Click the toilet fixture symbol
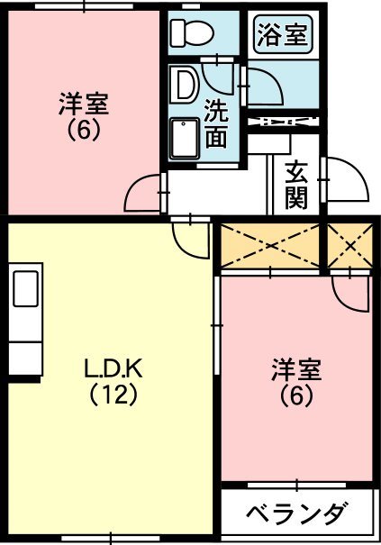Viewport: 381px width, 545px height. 192,33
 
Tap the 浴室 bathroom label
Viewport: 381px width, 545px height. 281,36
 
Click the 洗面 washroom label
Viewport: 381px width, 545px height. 215,123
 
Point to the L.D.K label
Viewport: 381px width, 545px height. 113,368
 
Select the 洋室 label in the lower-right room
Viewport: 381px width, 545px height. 296,370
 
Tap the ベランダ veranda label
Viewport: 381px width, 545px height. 297,516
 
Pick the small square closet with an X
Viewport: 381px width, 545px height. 349,243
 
